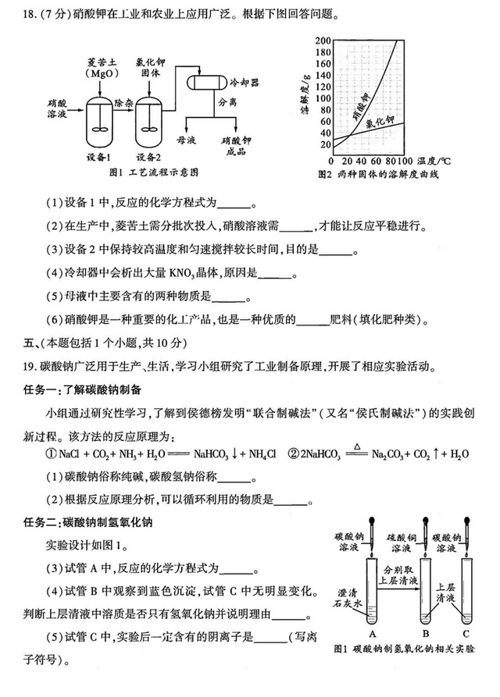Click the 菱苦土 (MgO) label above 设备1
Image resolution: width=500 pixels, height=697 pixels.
tap(101, 68)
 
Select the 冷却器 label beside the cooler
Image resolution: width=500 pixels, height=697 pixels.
tap(245, 83)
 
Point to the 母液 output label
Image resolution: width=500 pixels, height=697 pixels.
tap(186, 140)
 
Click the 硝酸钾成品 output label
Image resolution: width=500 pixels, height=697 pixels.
tap(236, 146)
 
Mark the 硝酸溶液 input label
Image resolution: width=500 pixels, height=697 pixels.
tap(57, 108)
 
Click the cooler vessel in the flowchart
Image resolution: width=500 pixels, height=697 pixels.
tap(205, 82)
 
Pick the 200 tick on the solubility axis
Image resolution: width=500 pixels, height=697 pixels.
tap(323, 41)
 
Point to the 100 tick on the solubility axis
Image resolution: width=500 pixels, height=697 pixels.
tap(323, 98)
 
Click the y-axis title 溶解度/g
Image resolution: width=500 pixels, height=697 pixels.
tap(306, 94)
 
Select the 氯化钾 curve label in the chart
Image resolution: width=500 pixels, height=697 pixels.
tap(380, 122)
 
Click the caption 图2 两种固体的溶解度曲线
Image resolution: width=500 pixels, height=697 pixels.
tap(378, 175)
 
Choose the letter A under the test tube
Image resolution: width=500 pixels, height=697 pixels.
tap(372, 634)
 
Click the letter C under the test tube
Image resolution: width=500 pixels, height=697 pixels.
tap(466, 634)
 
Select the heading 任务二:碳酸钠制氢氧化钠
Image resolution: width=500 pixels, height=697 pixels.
tap(87, 522)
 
